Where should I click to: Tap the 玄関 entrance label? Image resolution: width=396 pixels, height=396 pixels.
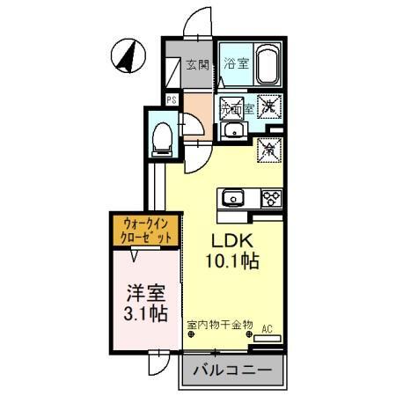(196, 64)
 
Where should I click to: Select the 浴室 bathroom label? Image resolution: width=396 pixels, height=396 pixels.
(234, 63)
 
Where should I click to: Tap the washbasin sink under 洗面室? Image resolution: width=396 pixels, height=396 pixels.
(233, 133)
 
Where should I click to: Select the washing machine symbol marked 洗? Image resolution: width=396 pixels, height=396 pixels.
(269, 106)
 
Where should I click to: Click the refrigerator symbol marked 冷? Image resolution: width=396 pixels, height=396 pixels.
(268, 150)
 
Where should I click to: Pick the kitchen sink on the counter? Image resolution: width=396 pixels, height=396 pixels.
(236, 196)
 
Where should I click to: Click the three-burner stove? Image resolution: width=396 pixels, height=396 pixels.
(268, 197)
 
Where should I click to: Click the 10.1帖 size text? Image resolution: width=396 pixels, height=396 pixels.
(231, 261)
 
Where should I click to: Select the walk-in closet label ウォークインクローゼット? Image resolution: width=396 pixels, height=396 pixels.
(145, 231)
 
